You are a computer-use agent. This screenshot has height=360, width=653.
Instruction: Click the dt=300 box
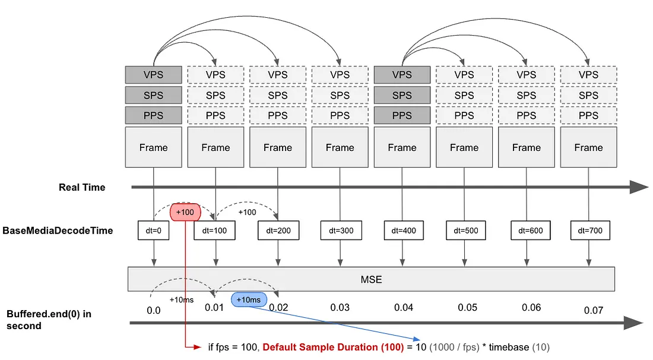pos(340,230)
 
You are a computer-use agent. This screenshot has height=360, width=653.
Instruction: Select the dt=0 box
pos(154,230)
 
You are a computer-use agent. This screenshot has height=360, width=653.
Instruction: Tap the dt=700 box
pos(588,230)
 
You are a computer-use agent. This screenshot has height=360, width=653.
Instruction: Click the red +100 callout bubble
pos(185,212)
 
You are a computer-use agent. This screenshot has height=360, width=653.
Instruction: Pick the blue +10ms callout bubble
pos(249,299)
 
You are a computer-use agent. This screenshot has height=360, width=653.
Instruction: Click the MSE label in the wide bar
pos(370,279)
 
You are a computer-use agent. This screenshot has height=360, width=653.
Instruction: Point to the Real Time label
pos(82,187)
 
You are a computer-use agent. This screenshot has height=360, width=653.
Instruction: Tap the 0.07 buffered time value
pos(593,310)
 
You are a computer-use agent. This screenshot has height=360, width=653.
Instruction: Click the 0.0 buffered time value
pos(154,310)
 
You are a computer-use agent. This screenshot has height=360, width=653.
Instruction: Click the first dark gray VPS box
pos(153,75)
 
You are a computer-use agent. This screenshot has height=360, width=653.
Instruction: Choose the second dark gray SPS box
pos(402,95)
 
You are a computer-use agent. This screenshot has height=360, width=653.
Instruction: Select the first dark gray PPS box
pos(153,115)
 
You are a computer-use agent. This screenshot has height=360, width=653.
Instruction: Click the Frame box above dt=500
pos(464,147)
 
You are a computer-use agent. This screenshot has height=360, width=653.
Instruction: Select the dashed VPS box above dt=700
pos(588,75)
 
